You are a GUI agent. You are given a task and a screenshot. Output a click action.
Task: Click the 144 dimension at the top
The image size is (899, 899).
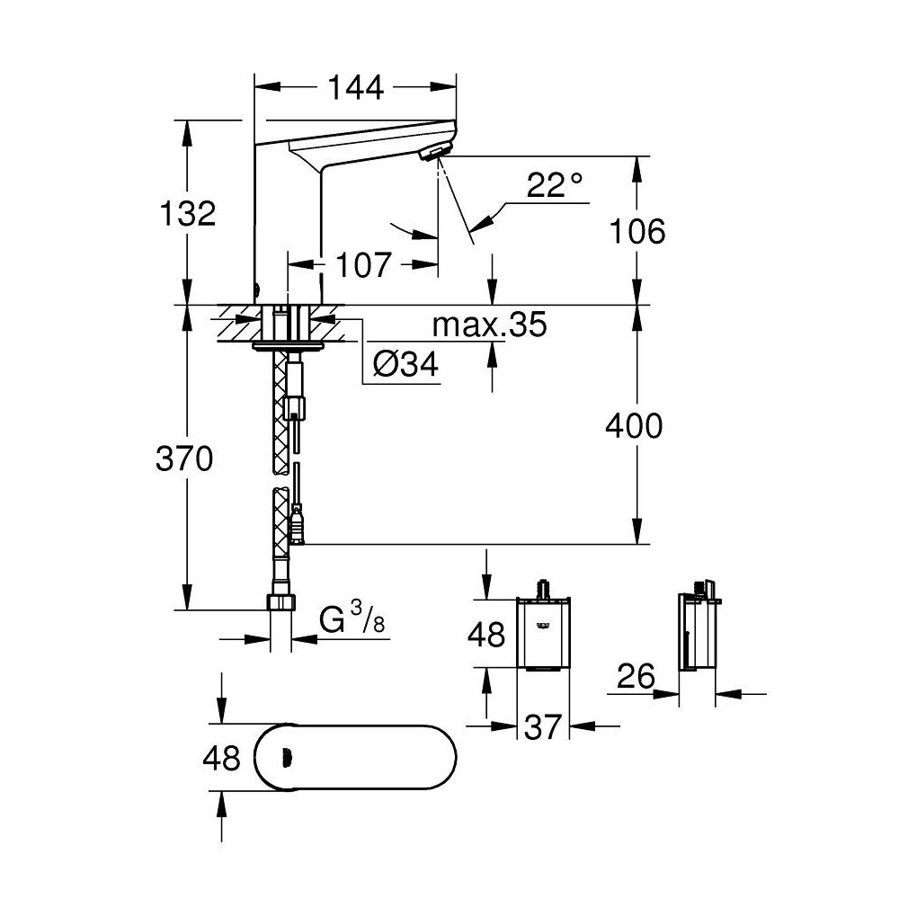click(x=355, y=87)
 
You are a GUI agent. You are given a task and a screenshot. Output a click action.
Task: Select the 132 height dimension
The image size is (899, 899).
click(x=187, y=214)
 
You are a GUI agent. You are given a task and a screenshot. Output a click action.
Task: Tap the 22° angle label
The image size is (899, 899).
click(x=555, y=186)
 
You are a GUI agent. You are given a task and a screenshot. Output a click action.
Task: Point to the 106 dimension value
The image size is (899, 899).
click(x=638, y=231)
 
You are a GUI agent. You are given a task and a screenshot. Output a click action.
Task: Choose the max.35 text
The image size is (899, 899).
click(x=489, y=325)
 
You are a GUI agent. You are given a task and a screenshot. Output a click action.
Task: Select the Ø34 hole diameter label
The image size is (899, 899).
click(x=405, y=365)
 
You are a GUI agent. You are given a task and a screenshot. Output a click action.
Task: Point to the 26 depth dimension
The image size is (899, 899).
click(x=637, y=675)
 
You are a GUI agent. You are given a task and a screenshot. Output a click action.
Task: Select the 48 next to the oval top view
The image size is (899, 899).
click(x=220, y=758)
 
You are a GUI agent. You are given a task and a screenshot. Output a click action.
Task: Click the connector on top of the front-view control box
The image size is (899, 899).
click(x=542, y=589)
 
